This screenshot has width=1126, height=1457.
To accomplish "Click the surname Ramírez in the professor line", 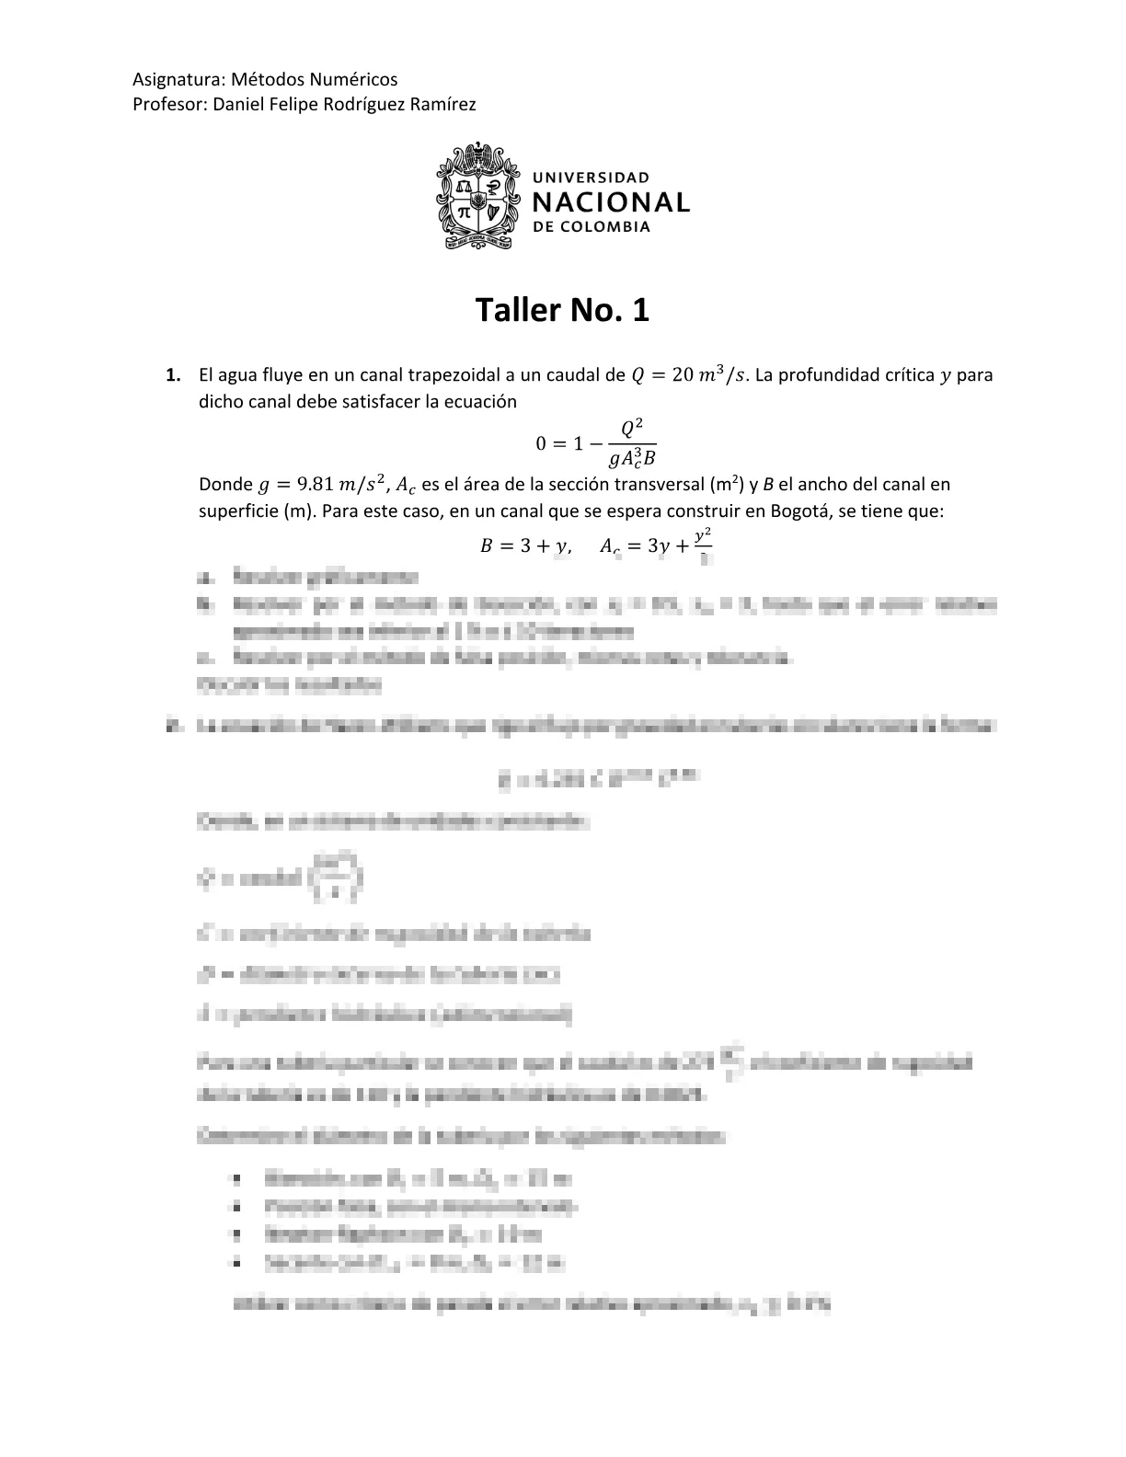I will (x=443, y=104).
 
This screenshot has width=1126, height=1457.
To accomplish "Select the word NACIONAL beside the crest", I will (x=611, y=202).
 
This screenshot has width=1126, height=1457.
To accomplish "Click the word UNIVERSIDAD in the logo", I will (x=592, y=177).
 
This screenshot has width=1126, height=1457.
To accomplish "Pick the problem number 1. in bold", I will (x=173, y=375).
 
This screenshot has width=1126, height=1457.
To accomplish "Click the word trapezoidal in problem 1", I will (x=449, y=375).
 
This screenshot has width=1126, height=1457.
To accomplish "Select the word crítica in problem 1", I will (x=902, y=375).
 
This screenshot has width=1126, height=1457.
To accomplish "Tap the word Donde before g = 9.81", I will (x=225, y=485).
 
